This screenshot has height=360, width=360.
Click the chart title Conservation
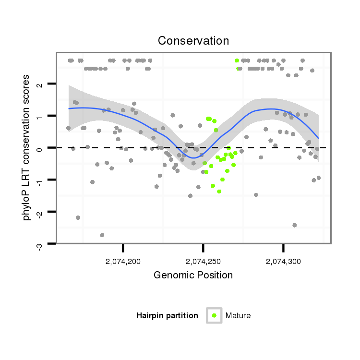tap(193, 41)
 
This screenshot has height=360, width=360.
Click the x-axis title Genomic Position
tap(193, 276)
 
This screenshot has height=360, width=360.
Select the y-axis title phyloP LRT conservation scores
tap(27, 147)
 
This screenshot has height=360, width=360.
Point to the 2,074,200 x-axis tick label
tap(123, 262)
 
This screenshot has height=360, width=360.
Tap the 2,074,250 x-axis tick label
tap(204, 262)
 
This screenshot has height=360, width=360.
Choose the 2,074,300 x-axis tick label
tap(283, 262)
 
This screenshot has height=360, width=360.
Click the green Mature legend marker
tap(214, 315)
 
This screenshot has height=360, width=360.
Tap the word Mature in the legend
tap(238, 315)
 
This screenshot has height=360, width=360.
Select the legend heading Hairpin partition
tap(167, 315)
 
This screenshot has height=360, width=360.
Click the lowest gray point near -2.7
tap(102, 235)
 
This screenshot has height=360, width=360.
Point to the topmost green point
tap(237, 60)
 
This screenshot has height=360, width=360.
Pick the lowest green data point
tap(219, 192)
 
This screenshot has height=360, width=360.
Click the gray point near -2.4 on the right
tap(294, 225)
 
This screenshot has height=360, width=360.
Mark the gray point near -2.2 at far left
tap(78, 217)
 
